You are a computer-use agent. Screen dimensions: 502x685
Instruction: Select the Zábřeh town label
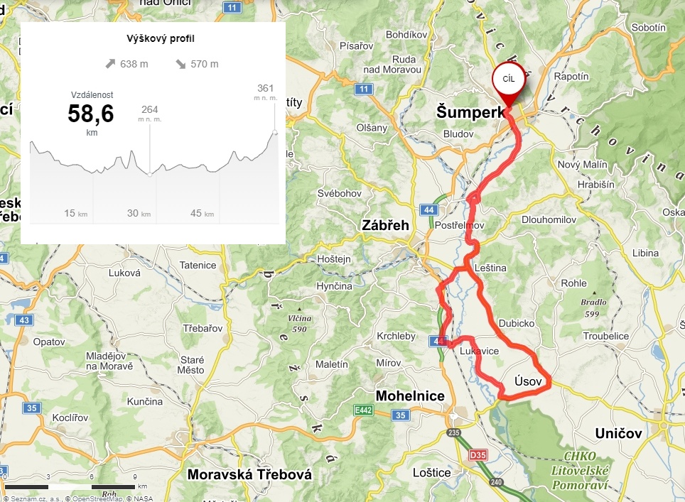pyautogui.click(x=386, y=225)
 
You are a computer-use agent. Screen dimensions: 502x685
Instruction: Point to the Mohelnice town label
pyautogui.click(x=411, y=395)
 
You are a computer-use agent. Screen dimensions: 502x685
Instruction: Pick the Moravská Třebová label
pyautogui.click(x=249, y=474)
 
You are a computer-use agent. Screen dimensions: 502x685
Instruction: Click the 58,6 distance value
pyautogui.click(x=91, y=114)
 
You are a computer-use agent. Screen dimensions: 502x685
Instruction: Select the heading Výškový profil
pyautogui.click(x=153, y=38)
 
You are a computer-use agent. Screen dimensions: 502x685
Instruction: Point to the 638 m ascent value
pyautogui.click(x=134, y=64)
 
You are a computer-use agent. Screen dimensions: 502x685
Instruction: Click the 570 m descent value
pyautogui.click(x=204, y=64)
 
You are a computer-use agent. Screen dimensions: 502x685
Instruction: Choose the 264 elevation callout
pyautogui.click(x=149, y=109)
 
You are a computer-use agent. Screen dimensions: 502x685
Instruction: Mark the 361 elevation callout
pyautogui.click(x=265, y=88)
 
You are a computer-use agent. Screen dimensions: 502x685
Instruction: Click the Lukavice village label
pyautogui.click(x=479, y=351)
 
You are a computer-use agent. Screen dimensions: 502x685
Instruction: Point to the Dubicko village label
pyautogui.click(x=517, y=323)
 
